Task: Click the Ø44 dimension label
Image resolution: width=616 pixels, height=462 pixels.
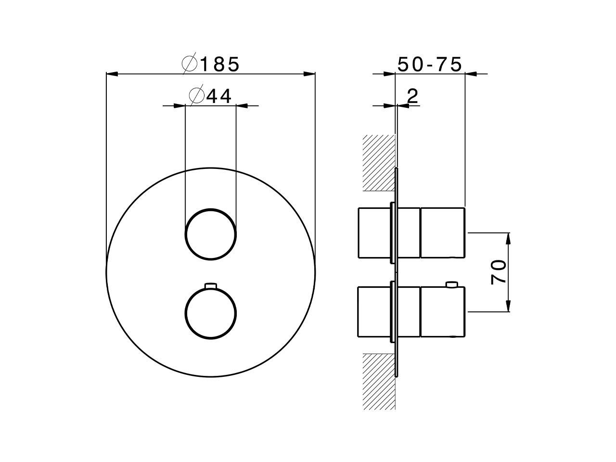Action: [211, 96]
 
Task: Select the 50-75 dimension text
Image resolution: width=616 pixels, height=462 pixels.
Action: [430, 64]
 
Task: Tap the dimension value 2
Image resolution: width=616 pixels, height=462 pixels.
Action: [412, 96]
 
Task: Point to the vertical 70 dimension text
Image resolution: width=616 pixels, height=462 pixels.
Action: [499, 272]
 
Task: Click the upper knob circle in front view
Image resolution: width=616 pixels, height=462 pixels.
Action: [211, 234]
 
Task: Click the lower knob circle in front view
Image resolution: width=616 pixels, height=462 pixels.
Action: [211, 313]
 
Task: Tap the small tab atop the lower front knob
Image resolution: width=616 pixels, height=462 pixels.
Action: [211, 286]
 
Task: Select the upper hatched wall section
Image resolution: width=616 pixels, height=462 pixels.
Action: [379, 163]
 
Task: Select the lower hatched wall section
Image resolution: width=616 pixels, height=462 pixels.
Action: [379, 381]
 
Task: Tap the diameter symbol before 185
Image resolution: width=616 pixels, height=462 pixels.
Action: [189, 64]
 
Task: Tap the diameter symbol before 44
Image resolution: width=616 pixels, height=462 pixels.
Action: [196, 96]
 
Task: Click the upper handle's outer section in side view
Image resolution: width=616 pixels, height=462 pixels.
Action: [443, 233]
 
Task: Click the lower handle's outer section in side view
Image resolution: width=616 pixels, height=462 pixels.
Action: [443, 312]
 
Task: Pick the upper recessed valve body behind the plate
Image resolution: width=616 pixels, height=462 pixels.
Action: [374, 233]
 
